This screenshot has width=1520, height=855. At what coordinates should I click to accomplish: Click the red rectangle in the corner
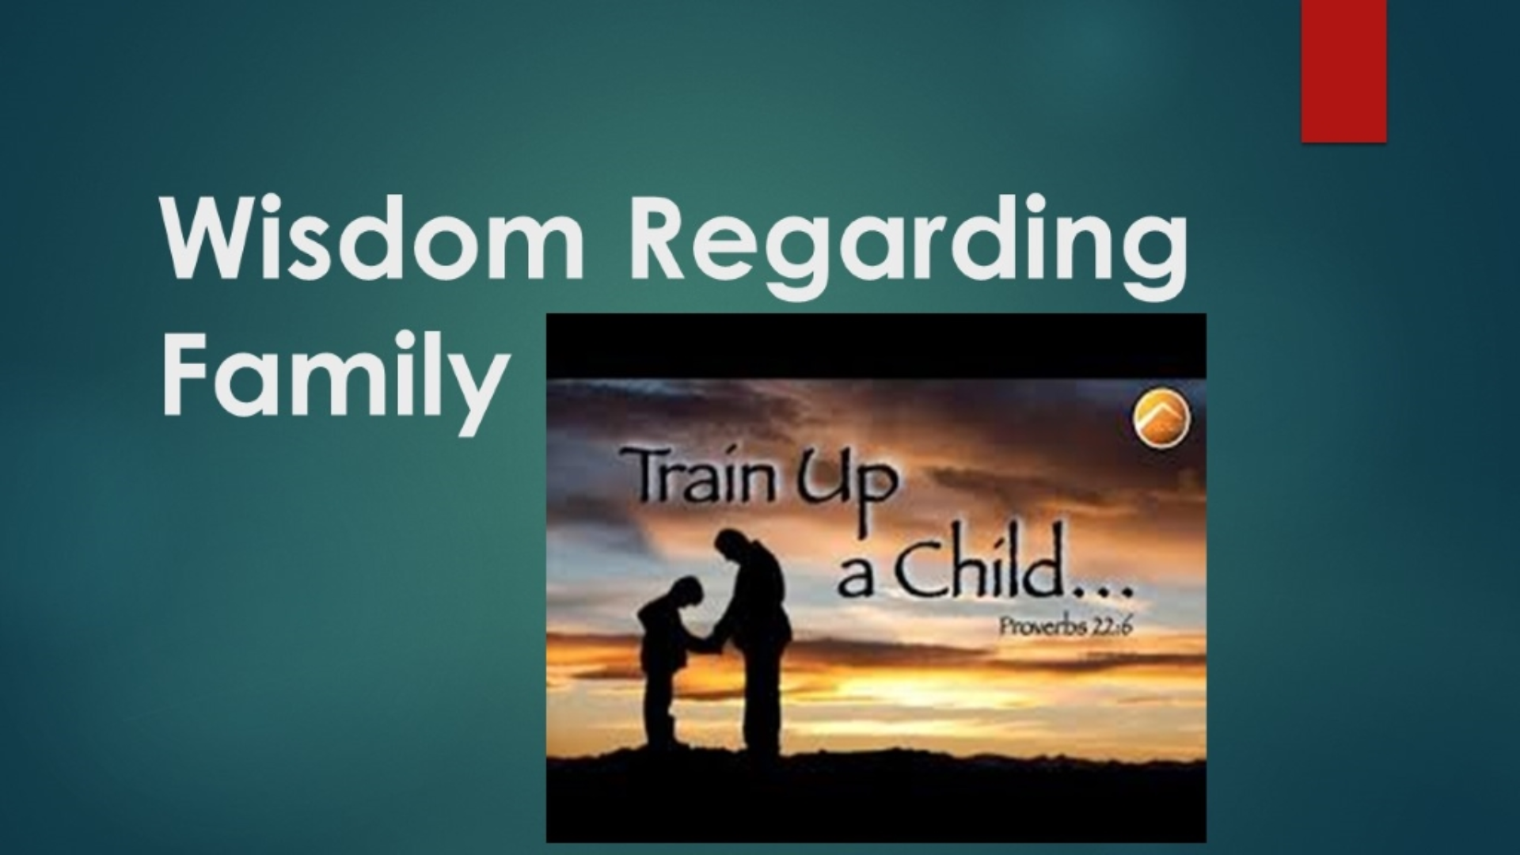pyautogui.click(x=1343, y=71)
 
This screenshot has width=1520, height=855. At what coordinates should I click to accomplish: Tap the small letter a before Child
pyautogui.click(x=856, y=580)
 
